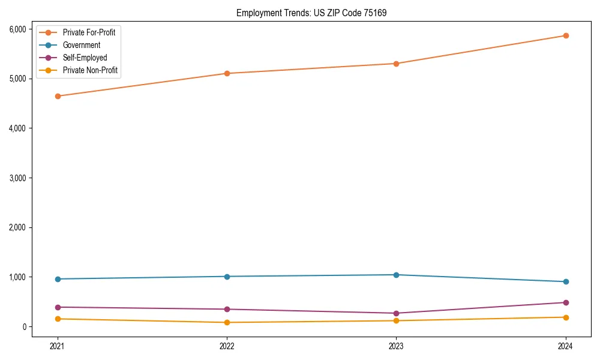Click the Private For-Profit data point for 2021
click(58, 96)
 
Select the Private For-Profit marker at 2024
click(566, 35)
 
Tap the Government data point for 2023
click(396, 275)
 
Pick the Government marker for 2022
click(227, 277)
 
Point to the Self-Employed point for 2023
click(396, 313)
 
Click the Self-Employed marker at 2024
click(566, 302)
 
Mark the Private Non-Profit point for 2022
click(227, 322)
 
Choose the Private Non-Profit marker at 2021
click(58, 319)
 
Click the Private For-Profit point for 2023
click(396, 64)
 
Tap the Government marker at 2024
click(566, 282)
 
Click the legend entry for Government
click(82, 45)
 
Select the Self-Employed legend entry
click(85, 58)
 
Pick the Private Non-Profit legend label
click(90, 70)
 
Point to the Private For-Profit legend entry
click(89, 32)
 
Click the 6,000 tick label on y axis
click(17, 29)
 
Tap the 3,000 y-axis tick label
click(17, 178)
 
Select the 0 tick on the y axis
click(25, 327)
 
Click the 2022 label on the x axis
click(227, 346)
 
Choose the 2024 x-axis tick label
click(566, 346)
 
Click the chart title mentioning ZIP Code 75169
click(311, 13)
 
